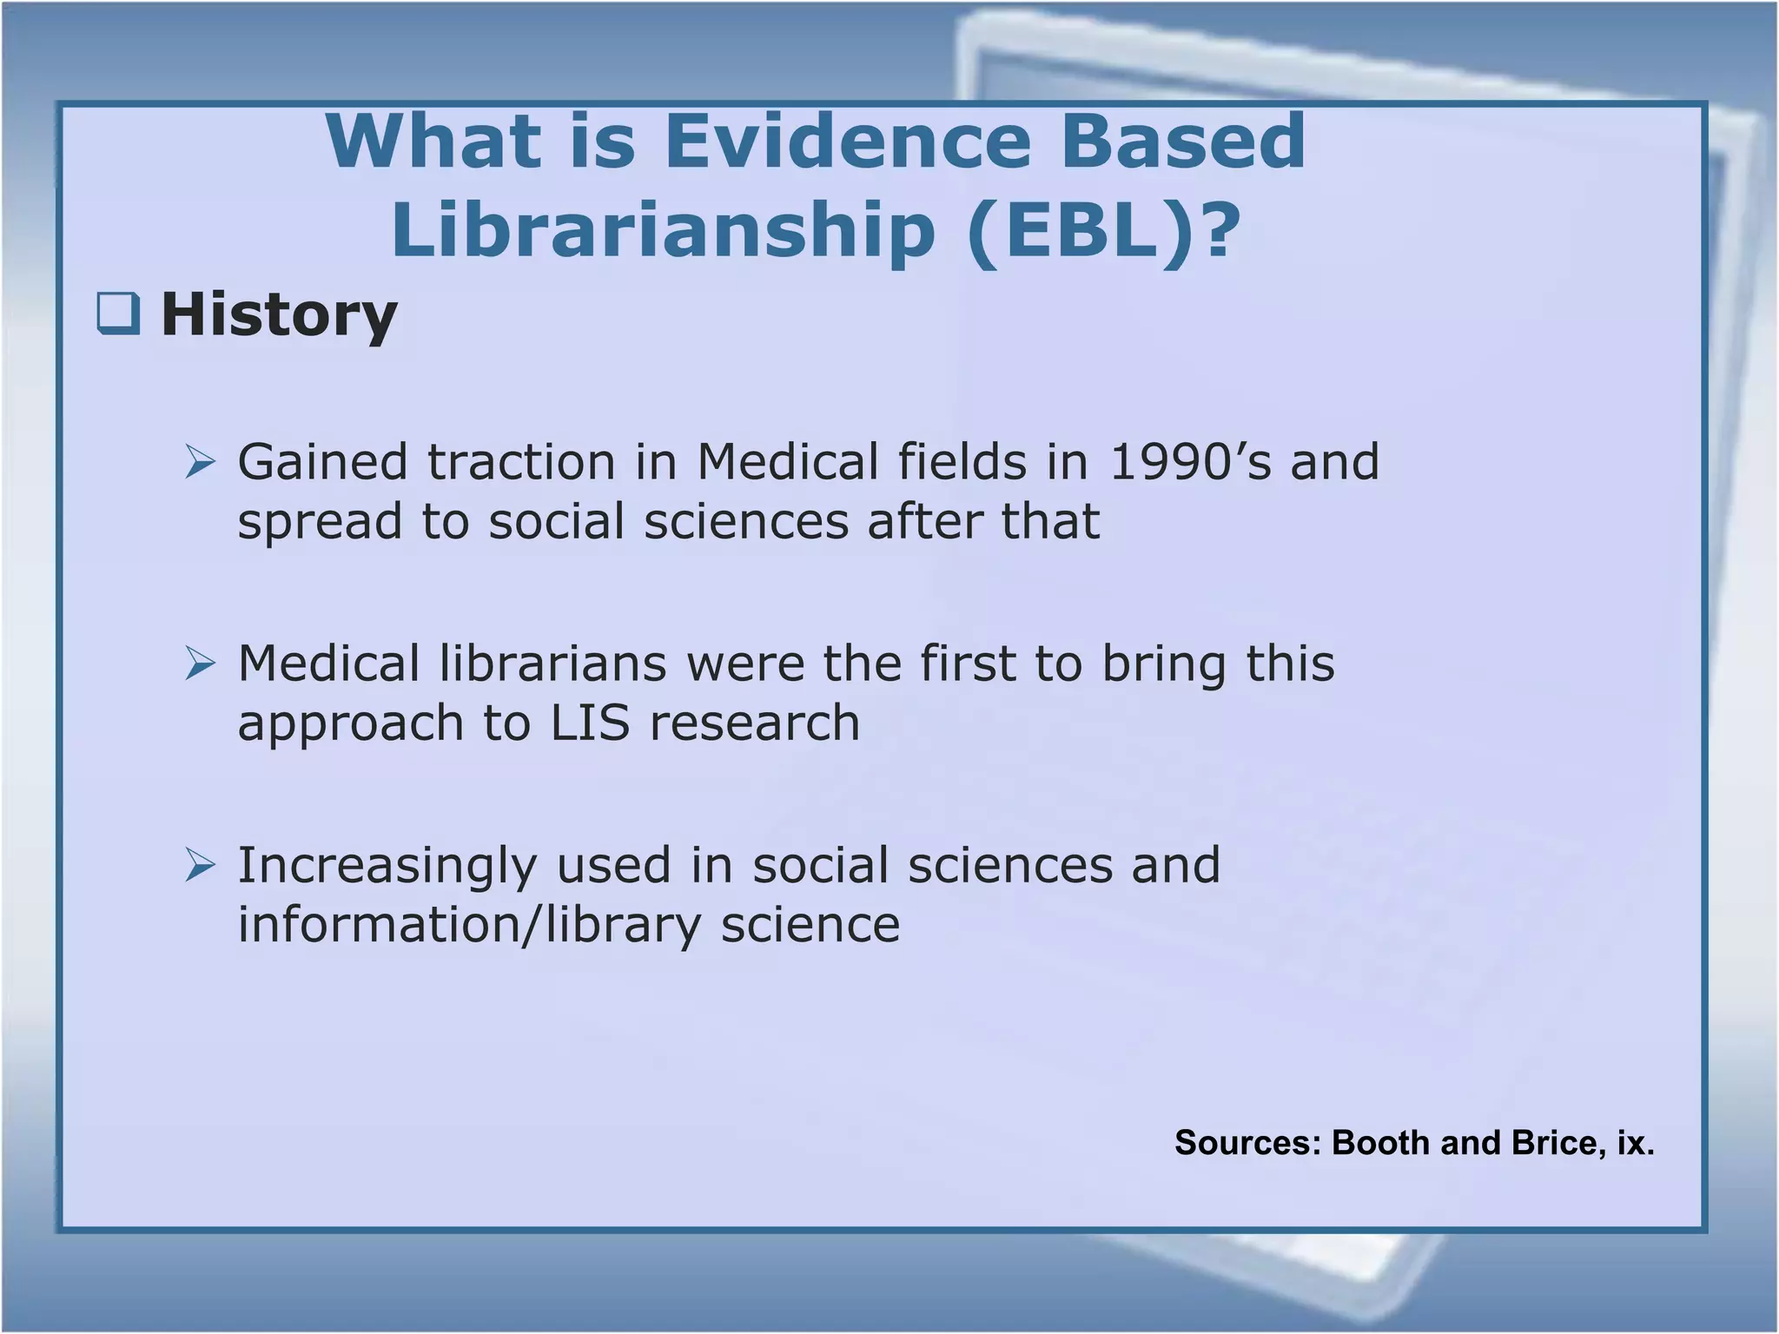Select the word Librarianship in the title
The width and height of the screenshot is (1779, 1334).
tap(663, 230)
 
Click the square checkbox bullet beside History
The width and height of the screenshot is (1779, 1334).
tap(118, 314)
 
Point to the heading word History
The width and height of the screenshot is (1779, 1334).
tap(279, 314)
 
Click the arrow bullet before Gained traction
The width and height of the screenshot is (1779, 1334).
tap(200, 462)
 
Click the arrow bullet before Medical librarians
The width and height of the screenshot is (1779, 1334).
tap(200, 664)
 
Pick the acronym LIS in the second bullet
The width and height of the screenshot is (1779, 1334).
tap(590, 723)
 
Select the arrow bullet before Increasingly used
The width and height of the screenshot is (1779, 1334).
tap(200, 866)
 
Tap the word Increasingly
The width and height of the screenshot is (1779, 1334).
tap(387, 866)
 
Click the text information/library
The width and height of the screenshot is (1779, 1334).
tap(469, 924)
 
